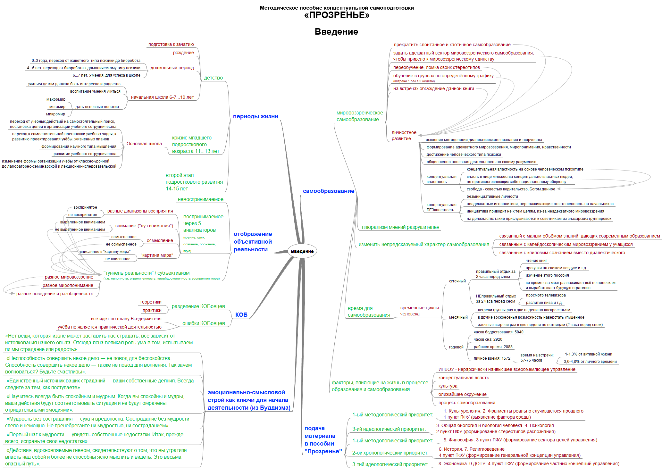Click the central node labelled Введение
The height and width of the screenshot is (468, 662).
[302, 251]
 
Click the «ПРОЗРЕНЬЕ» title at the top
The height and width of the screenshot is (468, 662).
[337, 15]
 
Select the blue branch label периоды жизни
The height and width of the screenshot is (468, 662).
[256, 116]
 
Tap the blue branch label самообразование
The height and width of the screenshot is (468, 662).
[329, 191]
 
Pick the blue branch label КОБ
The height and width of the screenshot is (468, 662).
[241, 315]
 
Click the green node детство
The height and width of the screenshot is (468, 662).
[214, 78]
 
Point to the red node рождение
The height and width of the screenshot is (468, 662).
[183, 53]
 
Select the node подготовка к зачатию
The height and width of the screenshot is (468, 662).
[171, 44]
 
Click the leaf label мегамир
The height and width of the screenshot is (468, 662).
[57, 107]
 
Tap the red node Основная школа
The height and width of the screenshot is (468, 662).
[144, 144]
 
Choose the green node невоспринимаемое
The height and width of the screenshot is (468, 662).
[201, 199]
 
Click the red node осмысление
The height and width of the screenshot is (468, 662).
[160, 240]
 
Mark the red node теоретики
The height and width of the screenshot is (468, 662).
[151, 302]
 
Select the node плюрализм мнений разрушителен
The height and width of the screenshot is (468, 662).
[400, 227]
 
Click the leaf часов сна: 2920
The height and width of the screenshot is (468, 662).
[488, 339]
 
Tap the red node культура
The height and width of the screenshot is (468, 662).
[448, 386]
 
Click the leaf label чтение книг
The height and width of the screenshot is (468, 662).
[536, 261]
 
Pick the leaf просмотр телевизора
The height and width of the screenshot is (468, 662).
[546, 295]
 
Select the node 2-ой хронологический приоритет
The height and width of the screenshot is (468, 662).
[390, 453]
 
